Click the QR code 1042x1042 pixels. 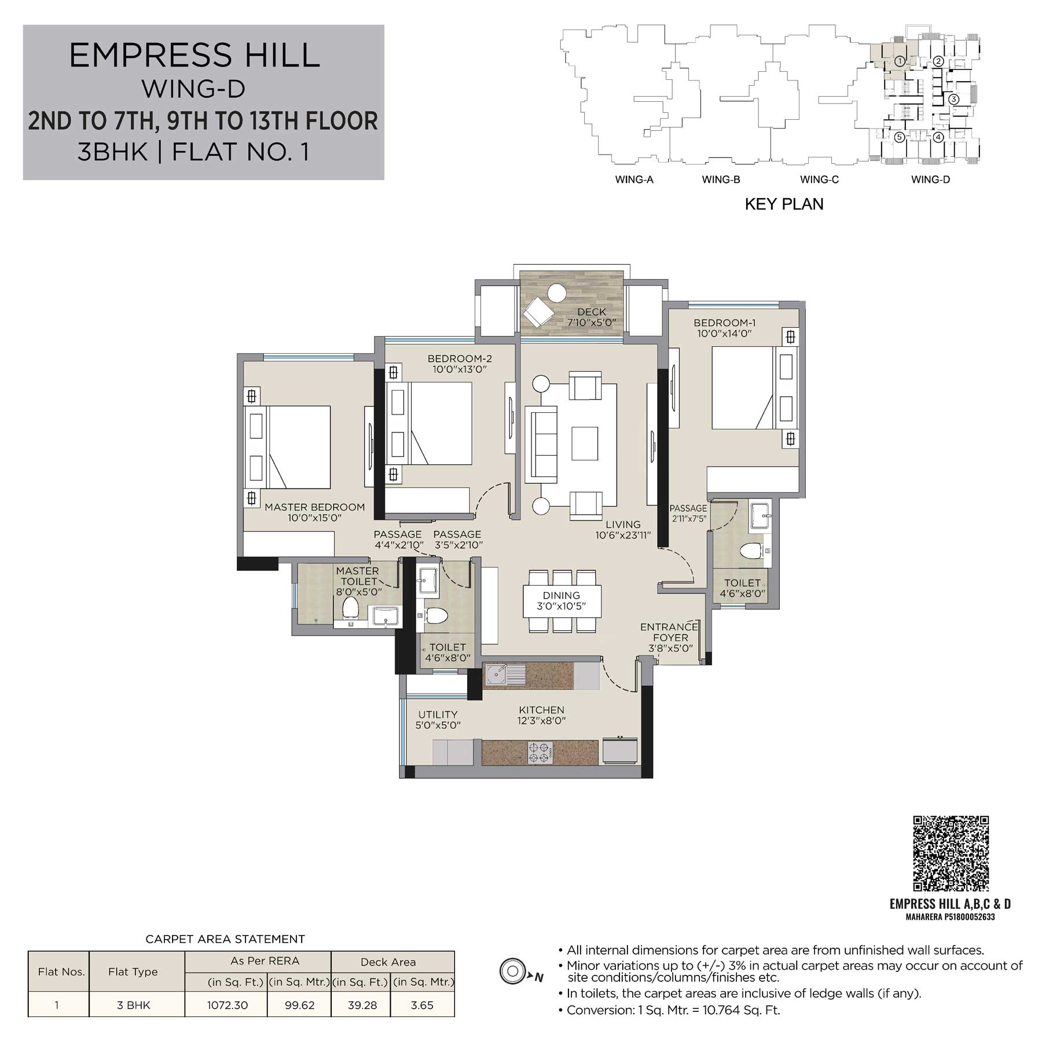click(951, 853)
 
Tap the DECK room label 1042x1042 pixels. click(591, 312)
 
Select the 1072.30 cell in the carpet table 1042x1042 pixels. click(227, 1006)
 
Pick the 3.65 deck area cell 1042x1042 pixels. click(422, 1006)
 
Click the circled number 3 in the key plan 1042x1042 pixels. click(954, 99)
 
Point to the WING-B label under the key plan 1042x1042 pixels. click(721, 179)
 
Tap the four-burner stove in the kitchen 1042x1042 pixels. click(539, 751)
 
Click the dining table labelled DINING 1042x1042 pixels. click(562, 601)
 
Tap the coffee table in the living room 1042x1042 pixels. click(584, 443)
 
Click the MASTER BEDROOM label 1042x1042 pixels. click(314, 507)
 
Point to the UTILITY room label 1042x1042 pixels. click(438, 714)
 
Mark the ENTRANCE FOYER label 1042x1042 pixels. click(669, 632)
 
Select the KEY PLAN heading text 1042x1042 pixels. click(784, 204)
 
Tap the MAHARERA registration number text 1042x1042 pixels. click(950, 917)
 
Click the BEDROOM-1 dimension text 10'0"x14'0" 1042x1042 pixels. click(724, 333)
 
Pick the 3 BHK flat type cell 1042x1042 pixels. click(133, 1006)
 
